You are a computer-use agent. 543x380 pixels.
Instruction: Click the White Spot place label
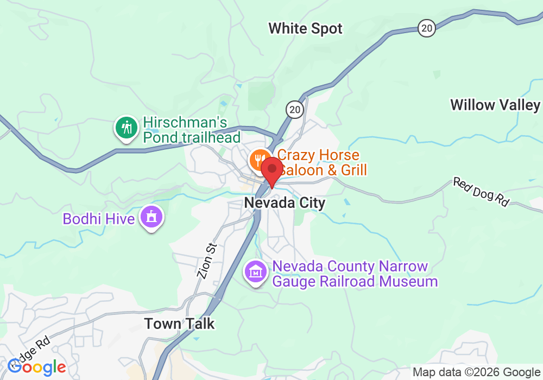(x=305, y=29)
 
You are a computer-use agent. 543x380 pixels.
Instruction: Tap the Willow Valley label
(x=495, y=105)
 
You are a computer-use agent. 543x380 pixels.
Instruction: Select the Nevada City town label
(x=285, y=203)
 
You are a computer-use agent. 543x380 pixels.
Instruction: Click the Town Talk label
(x=179, y=324)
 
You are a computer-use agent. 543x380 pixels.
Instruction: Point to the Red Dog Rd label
(x=481, y=192)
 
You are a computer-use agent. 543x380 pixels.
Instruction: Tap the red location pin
(x=271, y=169)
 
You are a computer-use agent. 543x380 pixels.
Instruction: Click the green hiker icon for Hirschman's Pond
(x=127, y=129)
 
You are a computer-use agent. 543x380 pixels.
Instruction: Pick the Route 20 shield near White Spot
(x=427, y=28)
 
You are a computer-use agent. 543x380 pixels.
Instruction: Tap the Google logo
(x=36, y=367)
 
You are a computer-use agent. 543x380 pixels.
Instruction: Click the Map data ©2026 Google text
(x=476, y=372)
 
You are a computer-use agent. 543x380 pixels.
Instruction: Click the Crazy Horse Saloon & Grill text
(x=323, y=163)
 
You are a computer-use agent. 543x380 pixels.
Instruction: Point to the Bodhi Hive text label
(x=98, y=219)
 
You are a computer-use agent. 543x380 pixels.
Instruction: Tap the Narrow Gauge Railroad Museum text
(x=355, y=274)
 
